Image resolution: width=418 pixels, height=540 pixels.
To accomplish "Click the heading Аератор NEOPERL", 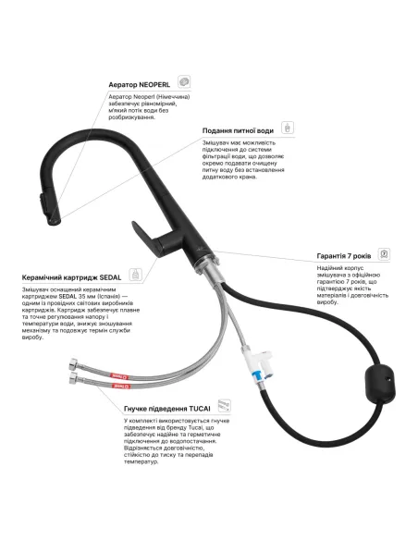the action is click(x=139, y=84).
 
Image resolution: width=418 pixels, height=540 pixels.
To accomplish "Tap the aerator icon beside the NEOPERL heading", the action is click(x=184, y=82).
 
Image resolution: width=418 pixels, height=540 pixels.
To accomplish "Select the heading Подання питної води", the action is click(x=238, y=130).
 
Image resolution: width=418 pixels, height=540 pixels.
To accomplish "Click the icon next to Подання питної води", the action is click(x=288, y=128).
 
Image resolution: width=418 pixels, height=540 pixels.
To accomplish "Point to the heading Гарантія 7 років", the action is click(x=344, y=256).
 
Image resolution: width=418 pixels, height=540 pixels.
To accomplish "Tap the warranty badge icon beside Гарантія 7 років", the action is click(x=384, y=254).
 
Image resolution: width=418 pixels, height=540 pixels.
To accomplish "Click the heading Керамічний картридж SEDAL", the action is click(x=71, y=277).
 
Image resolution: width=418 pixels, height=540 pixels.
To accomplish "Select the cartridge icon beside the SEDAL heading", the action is click(x=136, y=275).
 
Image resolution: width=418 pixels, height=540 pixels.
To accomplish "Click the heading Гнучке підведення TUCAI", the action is click(x=167, y=409).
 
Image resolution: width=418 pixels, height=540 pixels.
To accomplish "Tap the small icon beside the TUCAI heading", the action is click(x=225, y=406).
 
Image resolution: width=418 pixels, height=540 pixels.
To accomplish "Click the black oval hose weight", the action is click(x=380, y=384).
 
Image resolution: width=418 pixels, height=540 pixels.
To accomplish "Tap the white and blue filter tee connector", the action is click(x=257, y=364).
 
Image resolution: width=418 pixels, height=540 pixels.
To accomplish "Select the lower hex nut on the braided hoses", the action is click(x=74, y=377).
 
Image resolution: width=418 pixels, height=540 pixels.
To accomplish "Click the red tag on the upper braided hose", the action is click(x=119, y=376).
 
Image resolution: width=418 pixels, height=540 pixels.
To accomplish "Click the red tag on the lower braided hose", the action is click(x=121, y=387).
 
